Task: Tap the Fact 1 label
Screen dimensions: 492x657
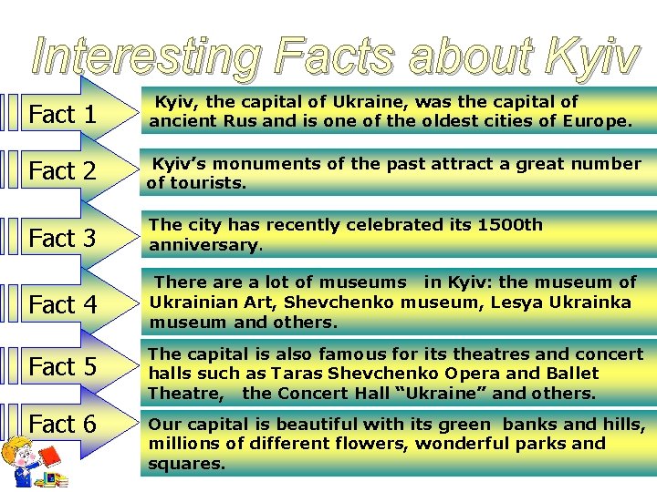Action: pyautogui.click(x=63, y=115)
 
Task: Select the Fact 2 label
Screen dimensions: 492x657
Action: pyautogui.click(x=63, y=171)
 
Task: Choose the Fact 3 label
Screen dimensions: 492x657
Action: pyautogui.click(x=63, y=238)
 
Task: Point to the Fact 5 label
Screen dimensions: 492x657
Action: pyautogui.click(x=63, y=366)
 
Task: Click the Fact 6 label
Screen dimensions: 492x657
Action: pyautogui.click(x=63, y=424)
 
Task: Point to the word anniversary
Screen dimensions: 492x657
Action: pyautogui.click(x=204, y=245)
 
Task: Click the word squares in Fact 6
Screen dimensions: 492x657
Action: pyautogui.click(x=186, y=464)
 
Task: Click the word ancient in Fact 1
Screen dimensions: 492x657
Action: pyautogui.click(x=182, y=121)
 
